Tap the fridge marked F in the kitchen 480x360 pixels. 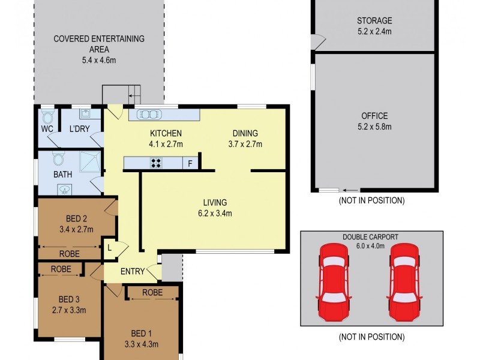(190, 163)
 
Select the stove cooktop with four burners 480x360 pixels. (157, 163)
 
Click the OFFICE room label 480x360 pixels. (374, 116)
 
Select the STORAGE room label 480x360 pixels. (374, 20)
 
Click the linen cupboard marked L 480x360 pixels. (110, 247)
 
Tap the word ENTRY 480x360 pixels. (132, 271)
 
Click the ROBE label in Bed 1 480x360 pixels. (153, 292)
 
